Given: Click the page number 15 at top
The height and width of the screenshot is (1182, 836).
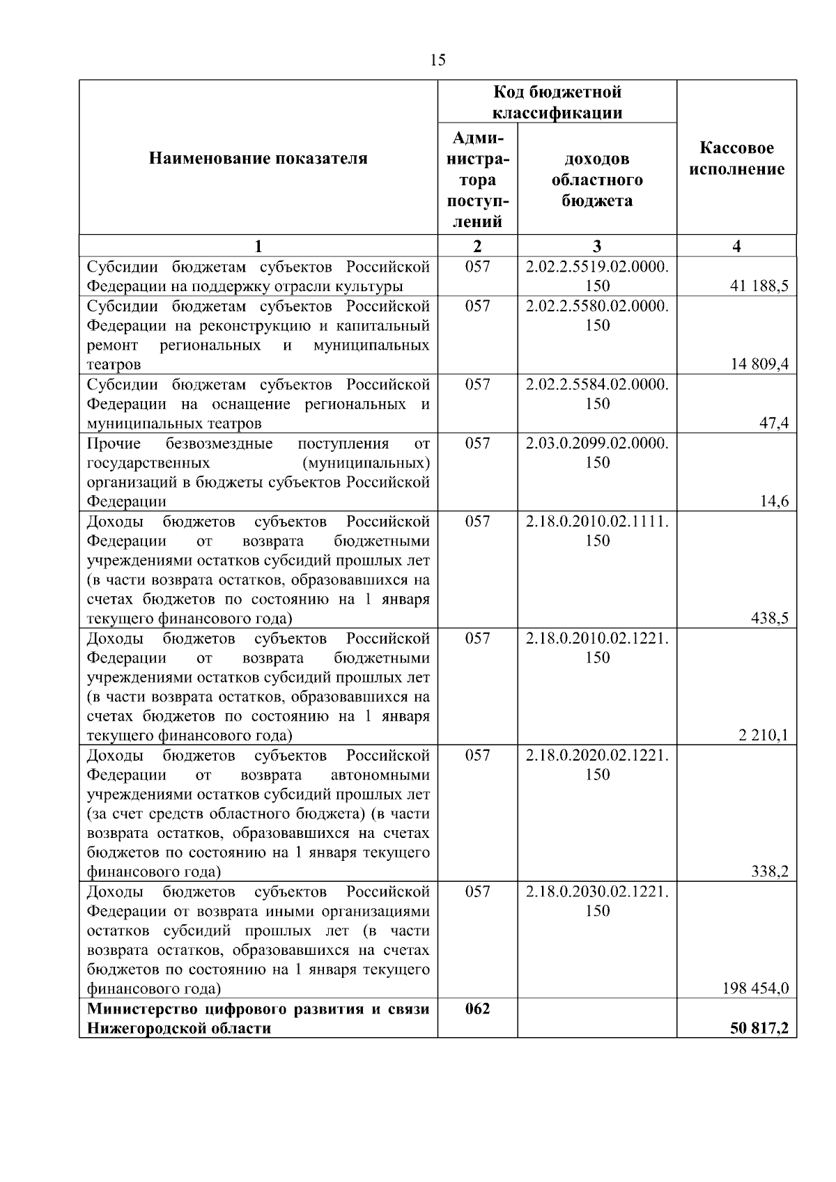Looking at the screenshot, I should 438,60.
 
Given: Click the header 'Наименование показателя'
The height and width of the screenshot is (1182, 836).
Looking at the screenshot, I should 258,159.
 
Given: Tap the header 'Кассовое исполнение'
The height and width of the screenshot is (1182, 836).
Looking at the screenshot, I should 736,159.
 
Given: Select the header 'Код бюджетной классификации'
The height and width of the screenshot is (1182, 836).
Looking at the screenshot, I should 557,102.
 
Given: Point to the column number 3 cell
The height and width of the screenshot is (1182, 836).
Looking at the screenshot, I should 597,246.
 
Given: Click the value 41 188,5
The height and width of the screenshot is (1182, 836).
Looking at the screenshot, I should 759,286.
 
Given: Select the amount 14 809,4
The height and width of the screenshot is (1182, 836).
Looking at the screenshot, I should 759,364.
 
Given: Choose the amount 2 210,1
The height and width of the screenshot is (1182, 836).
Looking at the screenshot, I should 764,735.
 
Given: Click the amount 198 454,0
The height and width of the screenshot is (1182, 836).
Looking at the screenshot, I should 756,988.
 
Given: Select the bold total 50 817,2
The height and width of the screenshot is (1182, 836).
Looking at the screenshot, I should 759,1028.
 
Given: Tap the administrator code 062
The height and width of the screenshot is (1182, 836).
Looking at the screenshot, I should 477,1009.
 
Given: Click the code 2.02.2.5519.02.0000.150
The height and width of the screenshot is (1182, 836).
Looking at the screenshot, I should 597,276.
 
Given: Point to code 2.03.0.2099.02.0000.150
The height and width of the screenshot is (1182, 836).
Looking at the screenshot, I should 597,453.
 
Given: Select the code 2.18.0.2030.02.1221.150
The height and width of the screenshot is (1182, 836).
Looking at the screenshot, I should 597,901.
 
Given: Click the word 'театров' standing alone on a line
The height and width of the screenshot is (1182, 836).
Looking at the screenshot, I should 114,364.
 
